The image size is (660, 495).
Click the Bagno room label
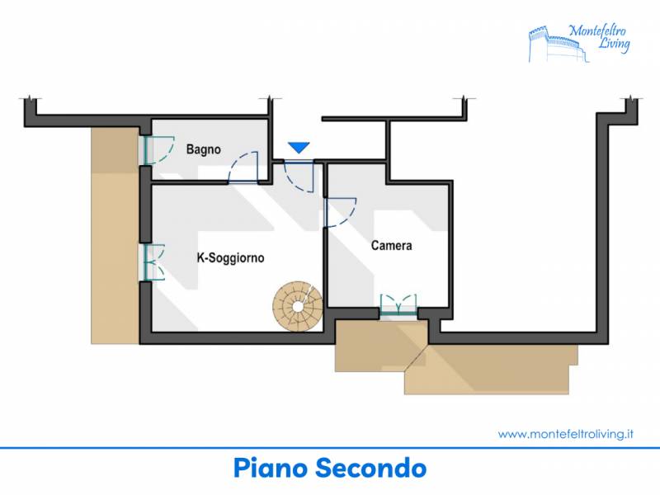203,149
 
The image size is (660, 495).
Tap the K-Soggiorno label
231,257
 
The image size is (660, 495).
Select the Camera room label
391,245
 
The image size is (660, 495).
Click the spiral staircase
298,306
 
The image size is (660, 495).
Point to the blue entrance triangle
299,148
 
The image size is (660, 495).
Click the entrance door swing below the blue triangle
299,177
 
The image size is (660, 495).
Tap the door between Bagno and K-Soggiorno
243,167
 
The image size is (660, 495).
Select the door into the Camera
340,213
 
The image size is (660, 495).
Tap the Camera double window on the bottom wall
398,304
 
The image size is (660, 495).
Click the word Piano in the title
270,468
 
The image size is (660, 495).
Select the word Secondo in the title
371,468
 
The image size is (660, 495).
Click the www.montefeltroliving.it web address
566,434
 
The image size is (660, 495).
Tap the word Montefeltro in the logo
597,31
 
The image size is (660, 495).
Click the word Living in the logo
614,44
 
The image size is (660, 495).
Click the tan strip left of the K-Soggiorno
115,236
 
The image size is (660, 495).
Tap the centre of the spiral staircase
298,307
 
